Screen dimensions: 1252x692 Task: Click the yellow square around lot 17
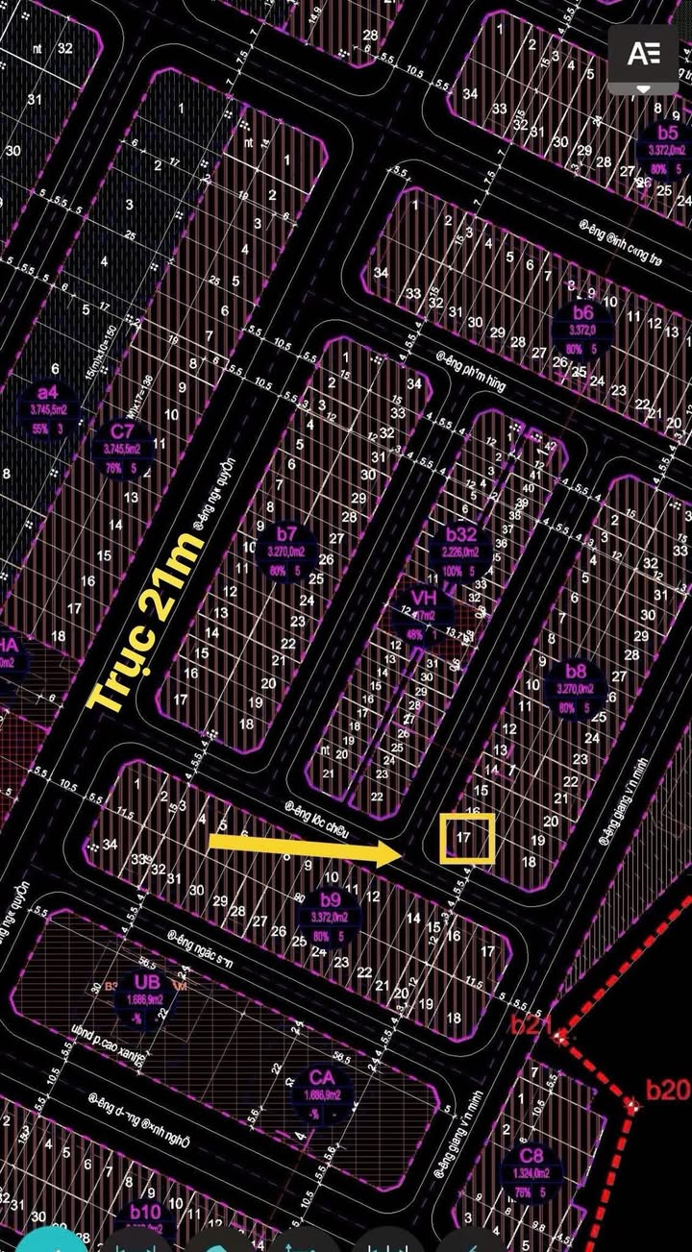coord(467,838)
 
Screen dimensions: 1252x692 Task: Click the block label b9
coord(330,900)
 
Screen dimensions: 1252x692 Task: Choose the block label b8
coord(576,671)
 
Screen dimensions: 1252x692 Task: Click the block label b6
coord(583,313)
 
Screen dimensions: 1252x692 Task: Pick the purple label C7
coord(122,430)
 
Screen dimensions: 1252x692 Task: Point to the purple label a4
coord(47,393)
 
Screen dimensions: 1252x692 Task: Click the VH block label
coord(423,599)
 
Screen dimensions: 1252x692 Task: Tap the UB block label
coord(147,982)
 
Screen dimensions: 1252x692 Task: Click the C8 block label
coord(531,1155)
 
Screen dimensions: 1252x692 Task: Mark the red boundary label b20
coord(667,1089)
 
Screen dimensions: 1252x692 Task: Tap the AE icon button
coord(643,54)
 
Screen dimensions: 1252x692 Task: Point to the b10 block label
coord(145,1212)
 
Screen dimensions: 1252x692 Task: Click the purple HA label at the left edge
coord(8,645)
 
